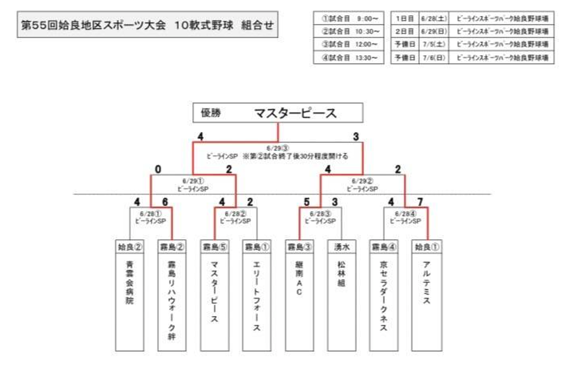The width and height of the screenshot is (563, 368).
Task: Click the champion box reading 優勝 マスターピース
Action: (277, 113)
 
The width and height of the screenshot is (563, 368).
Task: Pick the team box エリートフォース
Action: (256, 302)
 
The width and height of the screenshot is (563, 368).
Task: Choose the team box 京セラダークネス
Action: (384, 302)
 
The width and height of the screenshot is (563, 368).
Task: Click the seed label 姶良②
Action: (130, 246)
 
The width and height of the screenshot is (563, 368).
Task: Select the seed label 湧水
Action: (341, 246)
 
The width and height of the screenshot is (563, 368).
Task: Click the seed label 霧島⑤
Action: (214, 246)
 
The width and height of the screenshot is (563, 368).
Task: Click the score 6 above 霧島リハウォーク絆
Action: (165, 201)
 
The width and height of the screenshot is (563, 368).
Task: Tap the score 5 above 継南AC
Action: (307, 201)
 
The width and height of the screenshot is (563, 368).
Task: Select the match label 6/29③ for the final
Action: (277, 148)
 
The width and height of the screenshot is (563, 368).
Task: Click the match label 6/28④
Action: (405, 213)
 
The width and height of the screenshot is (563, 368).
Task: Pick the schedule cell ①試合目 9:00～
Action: (349, 18)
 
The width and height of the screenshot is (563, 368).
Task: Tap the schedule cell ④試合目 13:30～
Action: (349, 57)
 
